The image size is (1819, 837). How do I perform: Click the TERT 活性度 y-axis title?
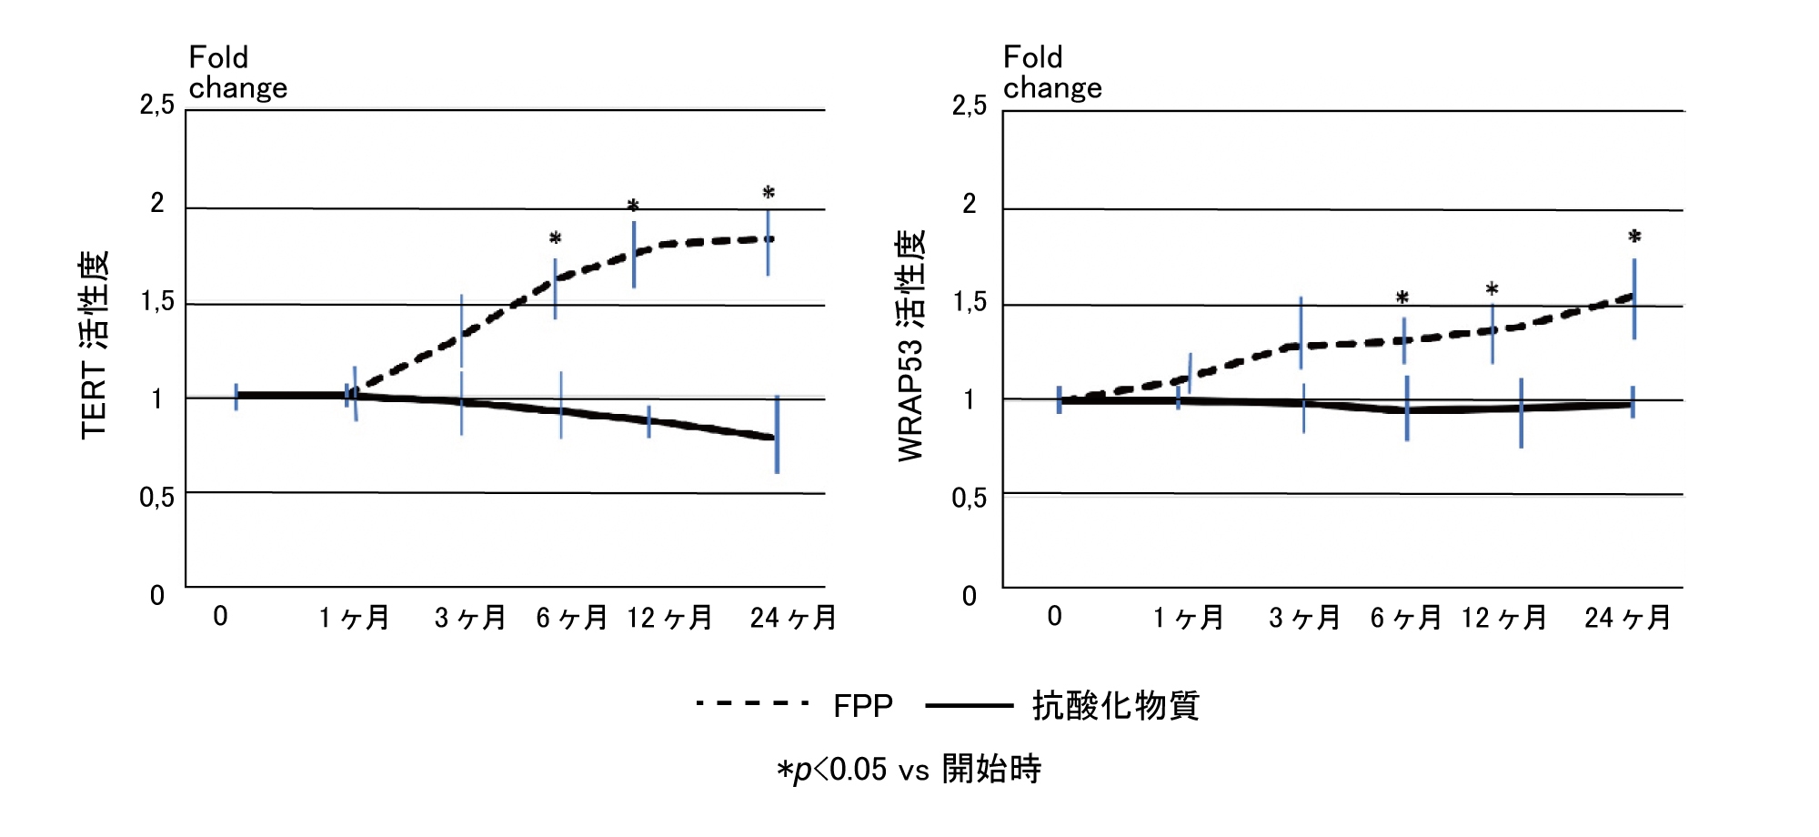click(95, 346)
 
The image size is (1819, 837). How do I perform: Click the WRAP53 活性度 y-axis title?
click(910, 346)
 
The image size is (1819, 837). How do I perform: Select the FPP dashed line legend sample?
click(752, 703)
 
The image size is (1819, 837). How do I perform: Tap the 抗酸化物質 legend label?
click(1116, 706)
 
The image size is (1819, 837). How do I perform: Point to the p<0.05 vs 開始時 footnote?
click(909, 770)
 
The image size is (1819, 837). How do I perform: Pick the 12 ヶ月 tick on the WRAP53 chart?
click(1504, 619)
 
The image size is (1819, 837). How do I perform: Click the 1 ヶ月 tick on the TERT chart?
click(355, 619)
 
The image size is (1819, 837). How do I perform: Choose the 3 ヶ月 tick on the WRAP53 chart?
click(1305, 619)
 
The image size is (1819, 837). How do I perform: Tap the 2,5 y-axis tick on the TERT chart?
click(156, 106)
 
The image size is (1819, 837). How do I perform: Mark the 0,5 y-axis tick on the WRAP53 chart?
click(969, 498)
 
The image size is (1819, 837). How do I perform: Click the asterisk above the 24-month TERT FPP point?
click(769, 193)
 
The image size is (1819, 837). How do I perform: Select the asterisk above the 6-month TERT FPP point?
click(555, 238)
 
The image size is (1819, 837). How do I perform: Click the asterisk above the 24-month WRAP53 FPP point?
click(1634, 237)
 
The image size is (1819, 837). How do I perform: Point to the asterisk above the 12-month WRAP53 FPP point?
click(1492, 289)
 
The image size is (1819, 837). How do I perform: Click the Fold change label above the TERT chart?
click(237, 73)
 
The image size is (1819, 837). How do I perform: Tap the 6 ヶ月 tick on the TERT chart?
click(572, 619)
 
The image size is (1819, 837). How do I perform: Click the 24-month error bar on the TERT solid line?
click(777, 435)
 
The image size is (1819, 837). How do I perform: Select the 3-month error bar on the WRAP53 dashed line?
click(1301, 332)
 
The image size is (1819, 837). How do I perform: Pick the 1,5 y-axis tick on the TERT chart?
click(156, 302)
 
